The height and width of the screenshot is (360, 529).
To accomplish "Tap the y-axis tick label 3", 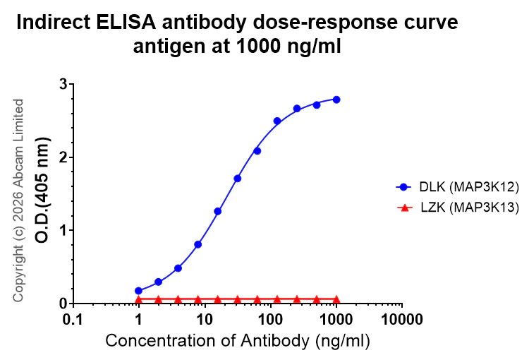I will [x=63, y=84].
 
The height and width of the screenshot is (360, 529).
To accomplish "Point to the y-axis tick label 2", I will [x=63, y=157].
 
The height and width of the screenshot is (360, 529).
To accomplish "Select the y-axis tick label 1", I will [x=63, y=230].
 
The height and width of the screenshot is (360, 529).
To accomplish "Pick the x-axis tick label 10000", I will [x=402, y=319].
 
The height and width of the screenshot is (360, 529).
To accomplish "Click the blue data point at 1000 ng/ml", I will [x=336, y=100].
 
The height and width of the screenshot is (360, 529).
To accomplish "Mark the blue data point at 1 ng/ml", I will [x=139, y=291].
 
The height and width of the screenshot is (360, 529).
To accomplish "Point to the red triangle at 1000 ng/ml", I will [x=336, y=299].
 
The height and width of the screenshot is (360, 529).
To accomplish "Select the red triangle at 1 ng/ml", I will [x=139, y=299].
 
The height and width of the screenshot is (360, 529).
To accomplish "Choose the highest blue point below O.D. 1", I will [x=198, y=244].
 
